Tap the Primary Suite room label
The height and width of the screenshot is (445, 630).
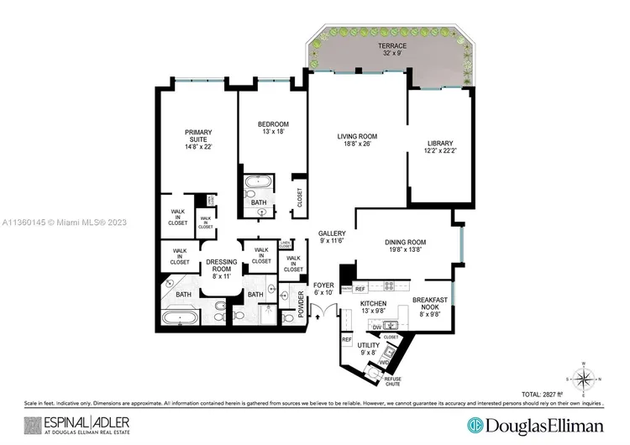198,139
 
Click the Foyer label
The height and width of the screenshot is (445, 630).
324,289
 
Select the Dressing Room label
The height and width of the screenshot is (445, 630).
222,269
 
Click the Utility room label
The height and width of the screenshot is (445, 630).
370,349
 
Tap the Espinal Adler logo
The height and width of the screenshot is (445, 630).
71,424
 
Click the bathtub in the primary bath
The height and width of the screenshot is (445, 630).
180,319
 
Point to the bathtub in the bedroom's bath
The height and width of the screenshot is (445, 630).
255,182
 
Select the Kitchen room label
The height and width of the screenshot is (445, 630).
373,306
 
